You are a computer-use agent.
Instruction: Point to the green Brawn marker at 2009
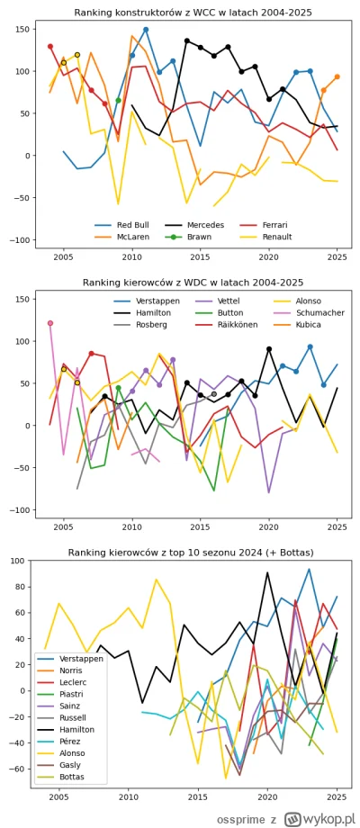118,100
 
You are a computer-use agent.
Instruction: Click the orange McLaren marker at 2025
337,77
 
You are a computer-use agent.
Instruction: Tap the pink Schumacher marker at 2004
49,323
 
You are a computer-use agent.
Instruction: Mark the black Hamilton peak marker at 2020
268,348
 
